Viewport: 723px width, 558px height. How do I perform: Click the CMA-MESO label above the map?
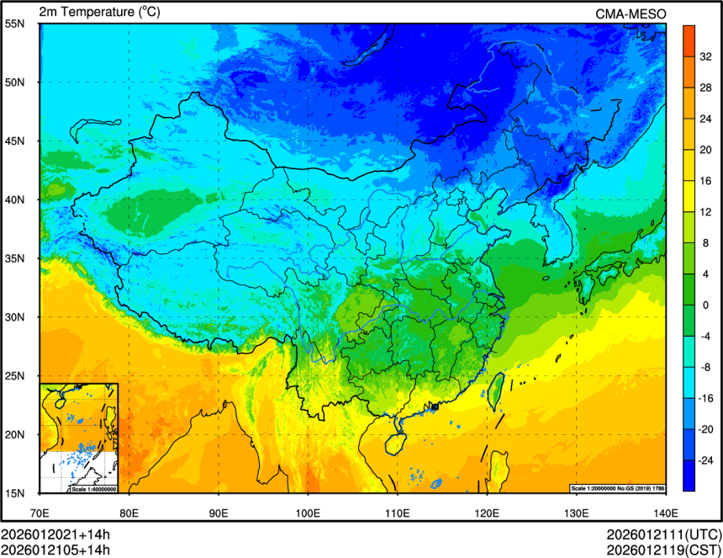[631, 13]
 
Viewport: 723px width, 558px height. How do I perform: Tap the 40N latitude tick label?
[15, 199]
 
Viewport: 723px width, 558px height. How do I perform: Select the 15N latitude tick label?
[15, 492]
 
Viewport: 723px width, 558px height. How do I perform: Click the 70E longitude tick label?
[40, 512]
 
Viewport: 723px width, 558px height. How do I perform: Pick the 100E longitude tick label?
[308, 512]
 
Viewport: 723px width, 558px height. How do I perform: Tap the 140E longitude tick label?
[665, 512]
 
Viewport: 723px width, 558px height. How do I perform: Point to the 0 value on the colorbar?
[705, 305]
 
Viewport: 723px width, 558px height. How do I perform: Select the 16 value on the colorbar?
[708, 180]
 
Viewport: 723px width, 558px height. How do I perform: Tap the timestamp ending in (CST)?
[663, 550]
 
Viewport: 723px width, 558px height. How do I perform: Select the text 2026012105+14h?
[55, 550]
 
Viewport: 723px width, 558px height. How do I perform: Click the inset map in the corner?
[79, 438]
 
